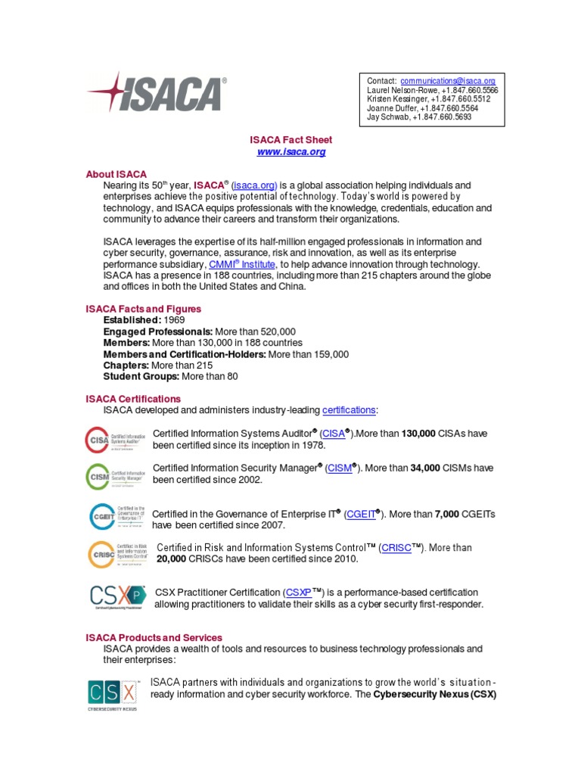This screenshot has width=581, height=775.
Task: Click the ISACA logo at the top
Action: pyautogui.click(x=157, y=94)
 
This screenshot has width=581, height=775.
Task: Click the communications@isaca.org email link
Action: pyautogui.click(x=448, y=81)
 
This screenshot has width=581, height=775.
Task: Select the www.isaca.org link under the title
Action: pyautogui.click(x=291, y=152)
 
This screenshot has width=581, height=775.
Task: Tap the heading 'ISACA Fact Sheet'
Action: pyautogui.click(x=291, y=140)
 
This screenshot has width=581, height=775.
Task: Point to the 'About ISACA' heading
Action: pyautogui.click(x=116, y=174)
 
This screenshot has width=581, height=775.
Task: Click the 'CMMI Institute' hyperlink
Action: pyautogui.click(x=243, y=264)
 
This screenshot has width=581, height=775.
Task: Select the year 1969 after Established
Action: pyautogui.click(x=175, y=320)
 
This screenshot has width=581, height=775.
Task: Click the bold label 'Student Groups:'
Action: pyautogui.click(x=141, y=376)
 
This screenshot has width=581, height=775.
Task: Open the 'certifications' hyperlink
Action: pyautogui.click(x=349, y=410)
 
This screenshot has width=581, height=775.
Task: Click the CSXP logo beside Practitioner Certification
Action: pyautogui.click(x=117, y=596)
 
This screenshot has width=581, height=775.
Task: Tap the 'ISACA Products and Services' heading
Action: pyautogui.click(x=154, y=638)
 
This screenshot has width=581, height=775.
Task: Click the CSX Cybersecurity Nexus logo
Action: pyautogui.click(x=113, y=695)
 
